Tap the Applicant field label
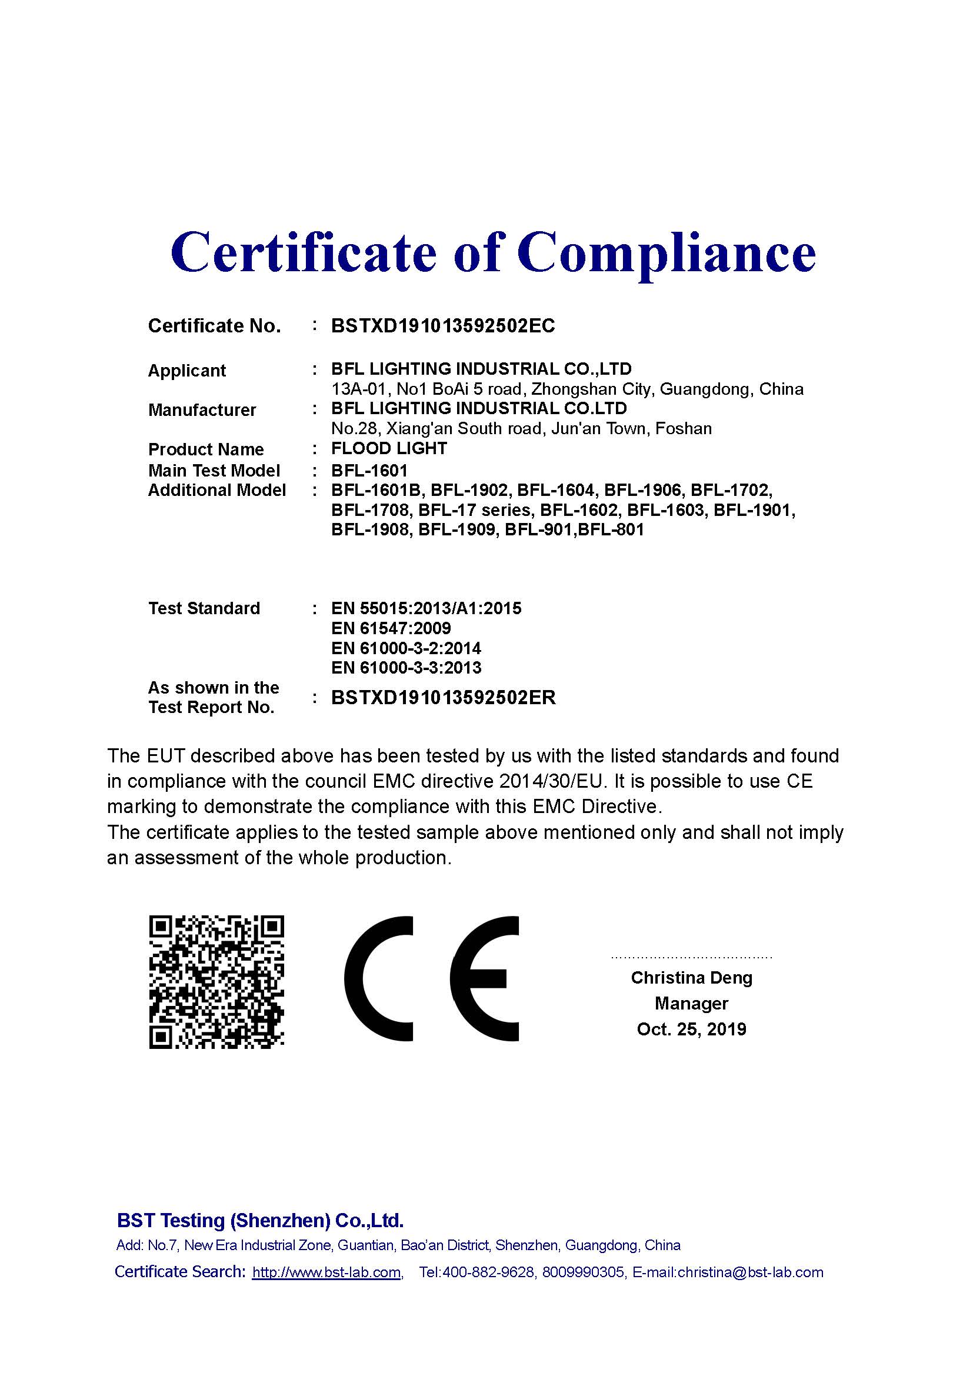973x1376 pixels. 186,371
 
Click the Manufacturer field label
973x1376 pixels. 201,410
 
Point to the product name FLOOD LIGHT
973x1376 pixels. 389,448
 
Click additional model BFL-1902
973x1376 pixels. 471,490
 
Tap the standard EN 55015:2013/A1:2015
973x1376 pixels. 426,608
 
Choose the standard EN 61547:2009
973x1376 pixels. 391,628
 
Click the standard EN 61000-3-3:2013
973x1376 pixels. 406,668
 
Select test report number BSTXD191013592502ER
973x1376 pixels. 443,698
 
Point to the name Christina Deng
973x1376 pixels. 691,978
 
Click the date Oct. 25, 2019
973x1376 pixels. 691,1029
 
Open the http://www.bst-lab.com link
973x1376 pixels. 326,1272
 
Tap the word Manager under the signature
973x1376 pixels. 691,1003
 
